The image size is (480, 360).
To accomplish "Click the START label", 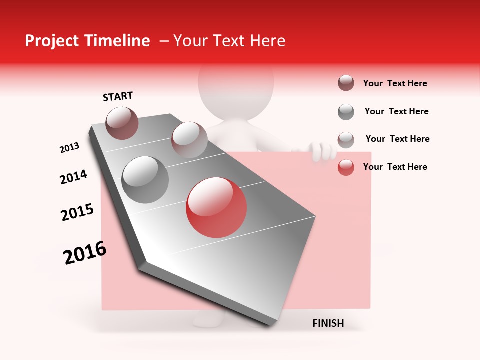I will [x=118, y=96].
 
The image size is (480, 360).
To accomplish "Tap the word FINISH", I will [x=328, y=323].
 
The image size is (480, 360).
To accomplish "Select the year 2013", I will [x=69, y=148].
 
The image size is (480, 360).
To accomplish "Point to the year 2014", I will [x=73, y=177].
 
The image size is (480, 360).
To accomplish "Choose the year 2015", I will [x=77, y=212].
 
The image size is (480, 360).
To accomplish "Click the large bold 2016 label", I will [x=85, y=252].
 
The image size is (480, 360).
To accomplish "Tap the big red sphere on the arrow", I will [x=216, y=207].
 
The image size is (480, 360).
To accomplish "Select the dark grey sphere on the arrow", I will [x=145, y=180].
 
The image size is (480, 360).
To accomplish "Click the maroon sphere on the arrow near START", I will [x=122, y=123].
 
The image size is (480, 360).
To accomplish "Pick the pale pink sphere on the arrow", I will [x=189, y=140].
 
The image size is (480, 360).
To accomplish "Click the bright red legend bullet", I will [x=346, y=167].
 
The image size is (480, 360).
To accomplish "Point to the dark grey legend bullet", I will [x=346, y=112].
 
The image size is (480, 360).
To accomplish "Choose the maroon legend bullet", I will [x=346, y=83].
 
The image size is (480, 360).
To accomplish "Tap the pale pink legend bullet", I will [x=346, y=139].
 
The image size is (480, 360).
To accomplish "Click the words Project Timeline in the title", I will [x=87, y=41].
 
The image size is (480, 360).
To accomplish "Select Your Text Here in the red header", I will [x=229, y=41].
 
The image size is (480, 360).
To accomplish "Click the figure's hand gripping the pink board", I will [x=322, y=150].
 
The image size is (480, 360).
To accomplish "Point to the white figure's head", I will [x=236, y=85].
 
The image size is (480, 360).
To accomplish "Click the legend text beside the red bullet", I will [x=395, y=167].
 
